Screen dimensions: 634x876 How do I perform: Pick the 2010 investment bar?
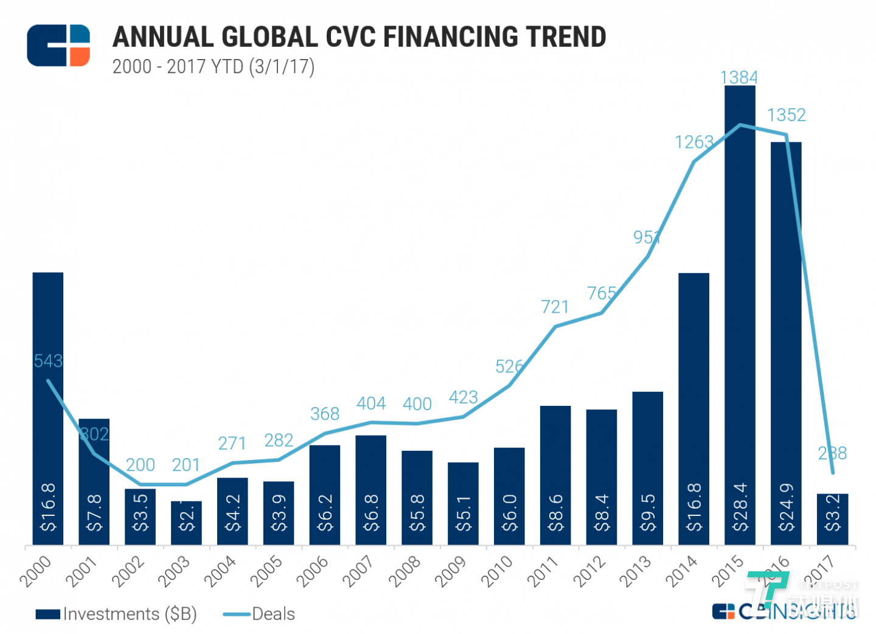click(x=509, y=496)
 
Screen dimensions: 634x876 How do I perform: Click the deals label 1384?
click(x=739, y=77)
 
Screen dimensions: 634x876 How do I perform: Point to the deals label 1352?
click(x=786, y=115)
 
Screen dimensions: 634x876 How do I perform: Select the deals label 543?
click(x=48, y=361)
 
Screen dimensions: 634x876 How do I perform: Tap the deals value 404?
click(x=371, y=403)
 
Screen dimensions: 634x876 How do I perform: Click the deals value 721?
click(x=555, y=307)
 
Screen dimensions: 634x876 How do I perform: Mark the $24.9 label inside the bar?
click(x=787, y=507)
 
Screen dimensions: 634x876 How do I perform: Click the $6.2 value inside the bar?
click(x=325, y=512)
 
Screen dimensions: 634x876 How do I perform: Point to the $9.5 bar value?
click(x=648, y=512)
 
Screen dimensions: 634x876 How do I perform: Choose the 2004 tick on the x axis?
click(x=220, y=572)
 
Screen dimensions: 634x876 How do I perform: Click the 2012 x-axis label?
click(x=589, y=572)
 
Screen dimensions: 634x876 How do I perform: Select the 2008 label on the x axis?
click(x=405, y=572)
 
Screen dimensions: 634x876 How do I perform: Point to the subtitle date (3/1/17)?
click(x=282, y=66)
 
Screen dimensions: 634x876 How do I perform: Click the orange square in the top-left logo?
click(x=80, y=56)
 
